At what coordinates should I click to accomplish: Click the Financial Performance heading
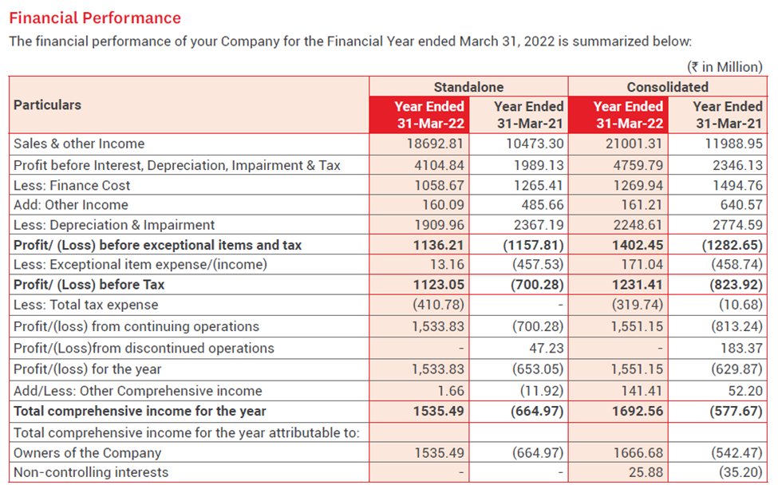coord(95,18)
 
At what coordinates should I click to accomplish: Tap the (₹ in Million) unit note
coord(724,67)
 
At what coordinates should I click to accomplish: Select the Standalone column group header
coord(468,87)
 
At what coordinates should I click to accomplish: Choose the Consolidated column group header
coord(667,87)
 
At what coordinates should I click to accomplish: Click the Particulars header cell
coord(48,105)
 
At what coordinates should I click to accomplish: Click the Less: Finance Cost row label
coord(72,185)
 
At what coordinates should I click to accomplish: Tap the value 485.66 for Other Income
coord(541,205)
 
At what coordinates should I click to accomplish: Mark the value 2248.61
coord(638,225)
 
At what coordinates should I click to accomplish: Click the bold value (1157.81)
coord(533,245)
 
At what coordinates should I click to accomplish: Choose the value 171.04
coord(642,264)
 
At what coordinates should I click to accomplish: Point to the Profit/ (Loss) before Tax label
coord(89,284)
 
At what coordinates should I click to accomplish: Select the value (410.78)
coord(438,305)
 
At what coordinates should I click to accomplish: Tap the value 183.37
coord(742,348)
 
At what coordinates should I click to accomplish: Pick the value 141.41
coord(642,391)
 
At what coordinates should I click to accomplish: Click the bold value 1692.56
coord(638,412)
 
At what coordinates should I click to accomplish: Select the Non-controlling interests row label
coord(91,472)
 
